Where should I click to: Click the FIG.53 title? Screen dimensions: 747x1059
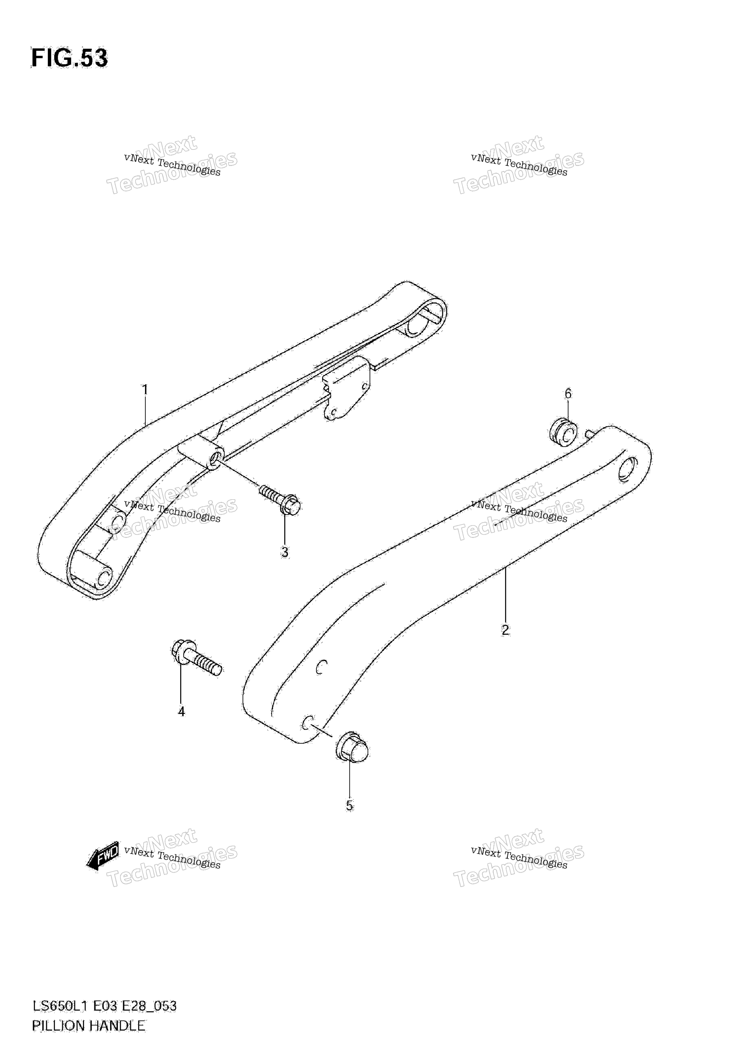69,59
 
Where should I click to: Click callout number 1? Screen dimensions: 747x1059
145,390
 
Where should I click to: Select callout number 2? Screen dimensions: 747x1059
506,630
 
